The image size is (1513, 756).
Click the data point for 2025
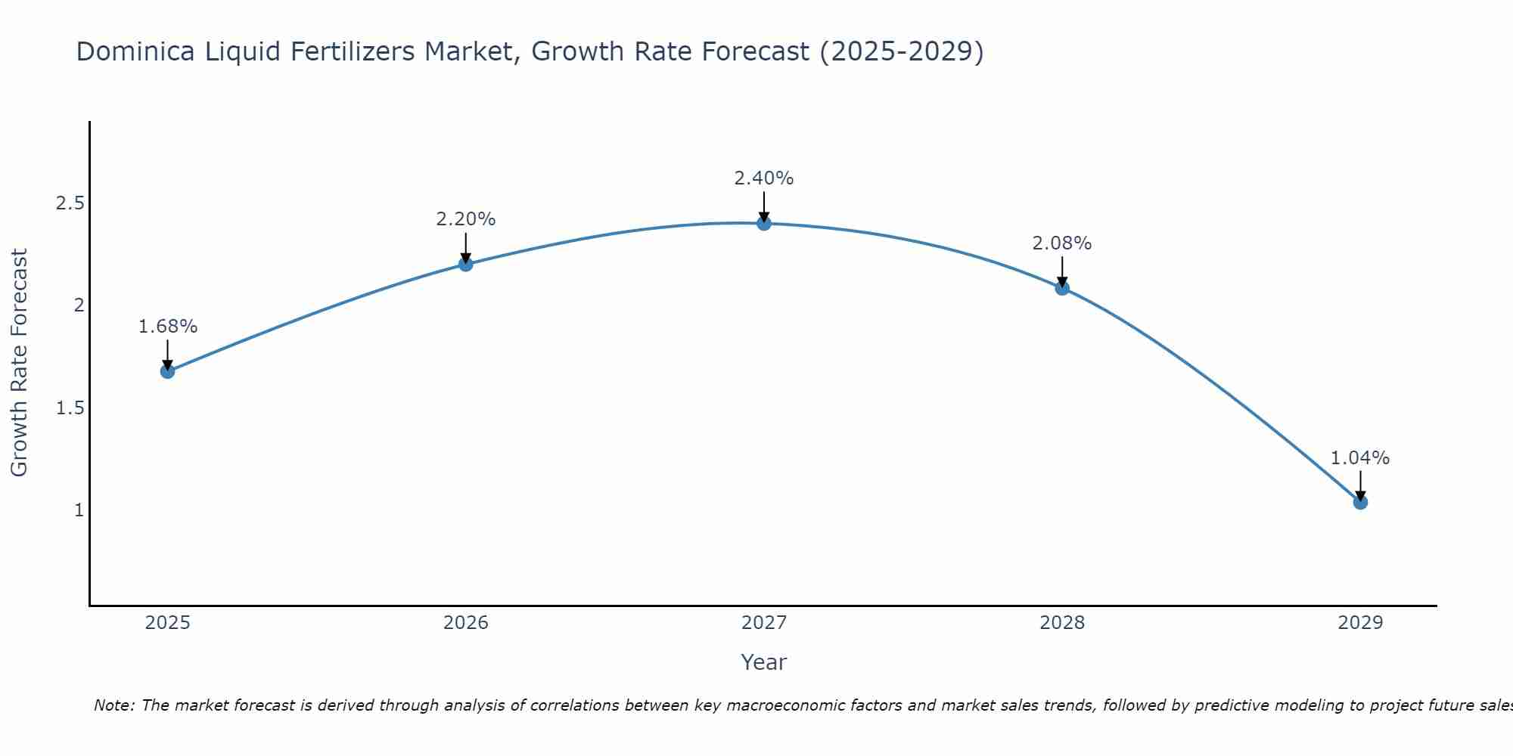pyautogui.click(x=167, y=371)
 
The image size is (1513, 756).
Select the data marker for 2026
pyautogui.click(x=466, y=264)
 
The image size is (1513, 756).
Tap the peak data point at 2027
pyautogui.click(x=764, y=223)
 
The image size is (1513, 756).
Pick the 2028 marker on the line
pyautogui.click(x=1062, y=288)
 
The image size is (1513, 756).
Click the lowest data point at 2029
pyautogui.click(x=1360, y=502)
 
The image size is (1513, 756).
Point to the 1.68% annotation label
pyautogui.click(x=167, y=327)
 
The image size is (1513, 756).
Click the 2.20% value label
pyautogui.click(x=466, y=219)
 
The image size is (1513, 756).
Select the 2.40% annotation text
pyautogui.click(x=764, y=178)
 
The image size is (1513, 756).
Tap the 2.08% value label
pyautogui.click(x=1062, y=243)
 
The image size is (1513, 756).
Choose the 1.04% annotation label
pyautogui.click(x=1360, y=458)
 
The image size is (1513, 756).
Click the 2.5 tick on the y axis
pyautogui.click(x=70, y=203)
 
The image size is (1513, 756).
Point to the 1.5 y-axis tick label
pyautogui.click(x=70, y=408)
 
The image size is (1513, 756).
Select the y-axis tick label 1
pyautogui.click(x=79, y=510)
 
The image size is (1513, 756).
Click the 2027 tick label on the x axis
pyautogui.click(x=764, y=623)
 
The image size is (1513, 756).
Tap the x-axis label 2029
pyautogui.click(x=1360, y=623)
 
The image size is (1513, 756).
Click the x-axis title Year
pyautogui.click(x=764, y=662)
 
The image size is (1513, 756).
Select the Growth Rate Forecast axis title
pyautogui.click(x=19, y=363)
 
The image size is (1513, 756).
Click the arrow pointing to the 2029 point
pyautogui.click(x=1360, y=484)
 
